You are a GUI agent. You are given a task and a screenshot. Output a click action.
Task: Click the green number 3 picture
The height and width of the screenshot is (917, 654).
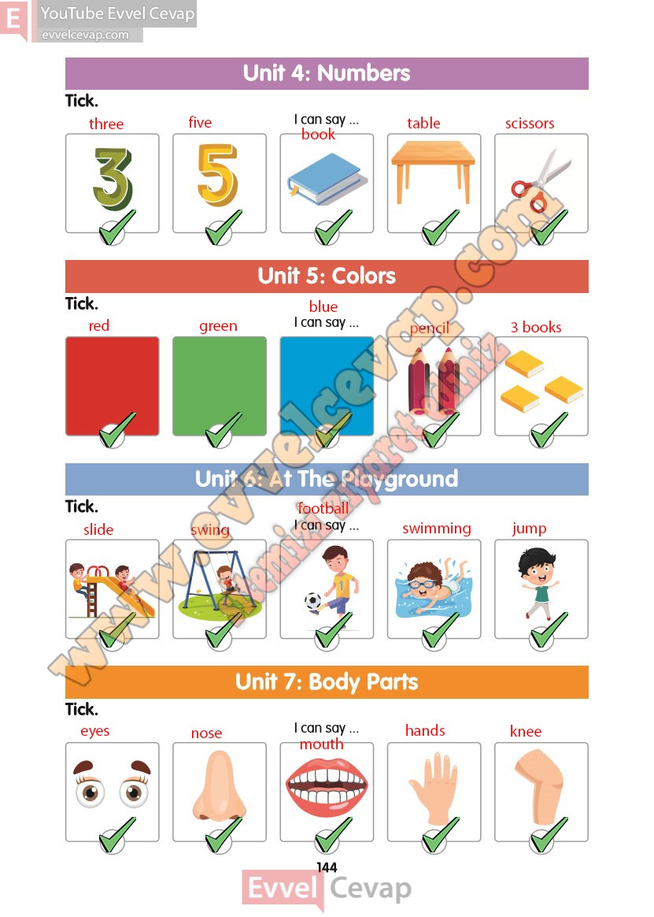[x=113, y=178]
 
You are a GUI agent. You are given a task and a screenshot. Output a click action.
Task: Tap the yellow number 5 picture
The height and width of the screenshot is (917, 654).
[x=217, y=175]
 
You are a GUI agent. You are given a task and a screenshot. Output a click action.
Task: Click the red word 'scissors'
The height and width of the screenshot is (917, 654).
[x=530, y=124]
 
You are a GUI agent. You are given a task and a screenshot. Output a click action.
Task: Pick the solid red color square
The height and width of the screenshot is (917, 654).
[x=113, y=386]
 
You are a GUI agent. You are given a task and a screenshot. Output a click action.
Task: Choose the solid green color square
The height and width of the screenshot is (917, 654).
[x=219, y=386]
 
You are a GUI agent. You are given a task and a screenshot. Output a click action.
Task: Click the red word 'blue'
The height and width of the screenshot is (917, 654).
[x=323, y=306]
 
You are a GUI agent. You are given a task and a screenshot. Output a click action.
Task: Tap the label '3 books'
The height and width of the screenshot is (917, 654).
[x=536, y=327]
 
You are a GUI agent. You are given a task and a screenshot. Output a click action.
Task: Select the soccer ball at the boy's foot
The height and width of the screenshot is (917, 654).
[x=312, y=601]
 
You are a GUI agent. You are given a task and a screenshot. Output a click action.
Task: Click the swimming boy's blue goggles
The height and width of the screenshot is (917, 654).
[x=423, y=584]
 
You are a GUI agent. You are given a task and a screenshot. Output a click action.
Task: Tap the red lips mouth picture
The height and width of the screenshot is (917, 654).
[x=327, y=787]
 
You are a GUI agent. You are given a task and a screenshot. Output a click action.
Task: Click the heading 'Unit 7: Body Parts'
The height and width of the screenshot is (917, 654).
[x=327, y=682]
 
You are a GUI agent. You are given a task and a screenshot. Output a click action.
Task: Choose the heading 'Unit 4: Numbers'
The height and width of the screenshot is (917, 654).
[x=327, y=73]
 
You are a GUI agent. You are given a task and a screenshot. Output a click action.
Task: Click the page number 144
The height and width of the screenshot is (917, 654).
[x=327, y=867]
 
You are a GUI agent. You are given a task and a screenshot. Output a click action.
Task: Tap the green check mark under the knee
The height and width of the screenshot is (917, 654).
[x=547, y=834]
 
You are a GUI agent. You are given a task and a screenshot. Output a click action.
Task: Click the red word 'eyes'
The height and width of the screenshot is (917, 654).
[x=95, y=732]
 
